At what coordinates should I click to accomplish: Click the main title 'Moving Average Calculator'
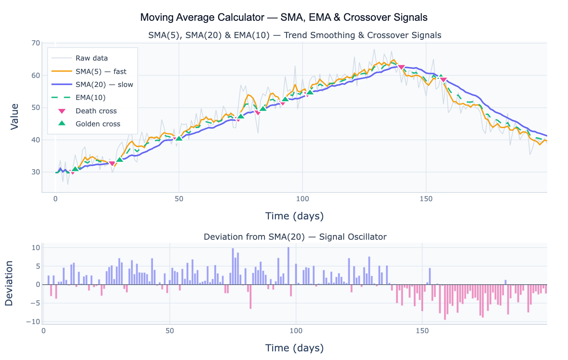pyautogui.click(x=284, y=17)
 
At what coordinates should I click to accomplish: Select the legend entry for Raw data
pyautogui.click(x=91, y=58)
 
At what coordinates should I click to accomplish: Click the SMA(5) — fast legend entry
pyautogui.click(x=101, y=71)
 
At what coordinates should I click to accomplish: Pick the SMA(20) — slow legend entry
pyautogui.click(x=104, y=84)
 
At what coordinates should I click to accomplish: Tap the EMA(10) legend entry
pyautogui.click(x=90, y=98)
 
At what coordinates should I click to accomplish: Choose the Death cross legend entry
pyautogui.click(x=96, y=111)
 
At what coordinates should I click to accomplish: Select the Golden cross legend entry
pyautogui.click(x=98, y=124)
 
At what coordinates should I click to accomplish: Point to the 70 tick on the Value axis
pyautogui.click(x=35, y=43)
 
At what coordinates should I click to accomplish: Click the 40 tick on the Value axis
pyautogui.click(x=35, y=140)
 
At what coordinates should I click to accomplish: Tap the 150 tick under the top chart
pyautogui.click(x=426, y=199)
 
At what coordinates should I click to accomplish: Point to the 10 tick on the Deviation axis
pyautogui.click(x=35, y=248)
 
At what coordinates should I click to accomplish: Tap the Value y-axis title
pyautogui.click(x=14, y=116)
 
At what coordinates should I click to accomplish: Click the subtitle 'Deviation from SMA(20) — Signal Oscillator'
pyautogui.click(x=295, y=237)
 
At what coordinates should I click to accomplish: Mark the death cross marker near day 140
pyautogui.click(x=401, y=67)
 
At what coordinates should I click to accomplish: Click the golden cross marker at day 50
pyautogui.click(x=179, y=138)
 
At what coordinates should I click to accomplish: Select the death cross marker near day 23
pyautogui.click(x=112, y=164)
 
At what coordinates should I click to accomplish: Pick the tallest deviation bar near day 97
pyautogui.click(x=288, y=266)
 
